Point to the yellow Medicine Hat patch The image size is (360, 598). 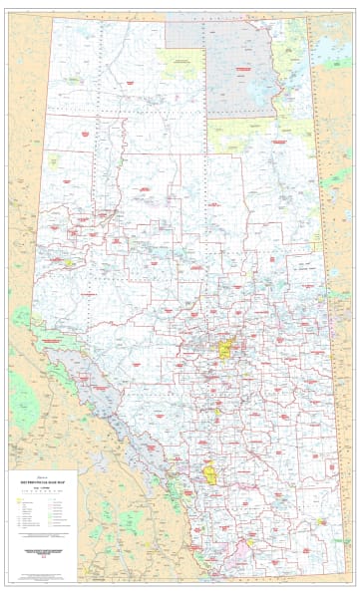[321, 521]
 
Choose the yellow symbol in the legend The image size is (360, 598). [21, 494]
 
